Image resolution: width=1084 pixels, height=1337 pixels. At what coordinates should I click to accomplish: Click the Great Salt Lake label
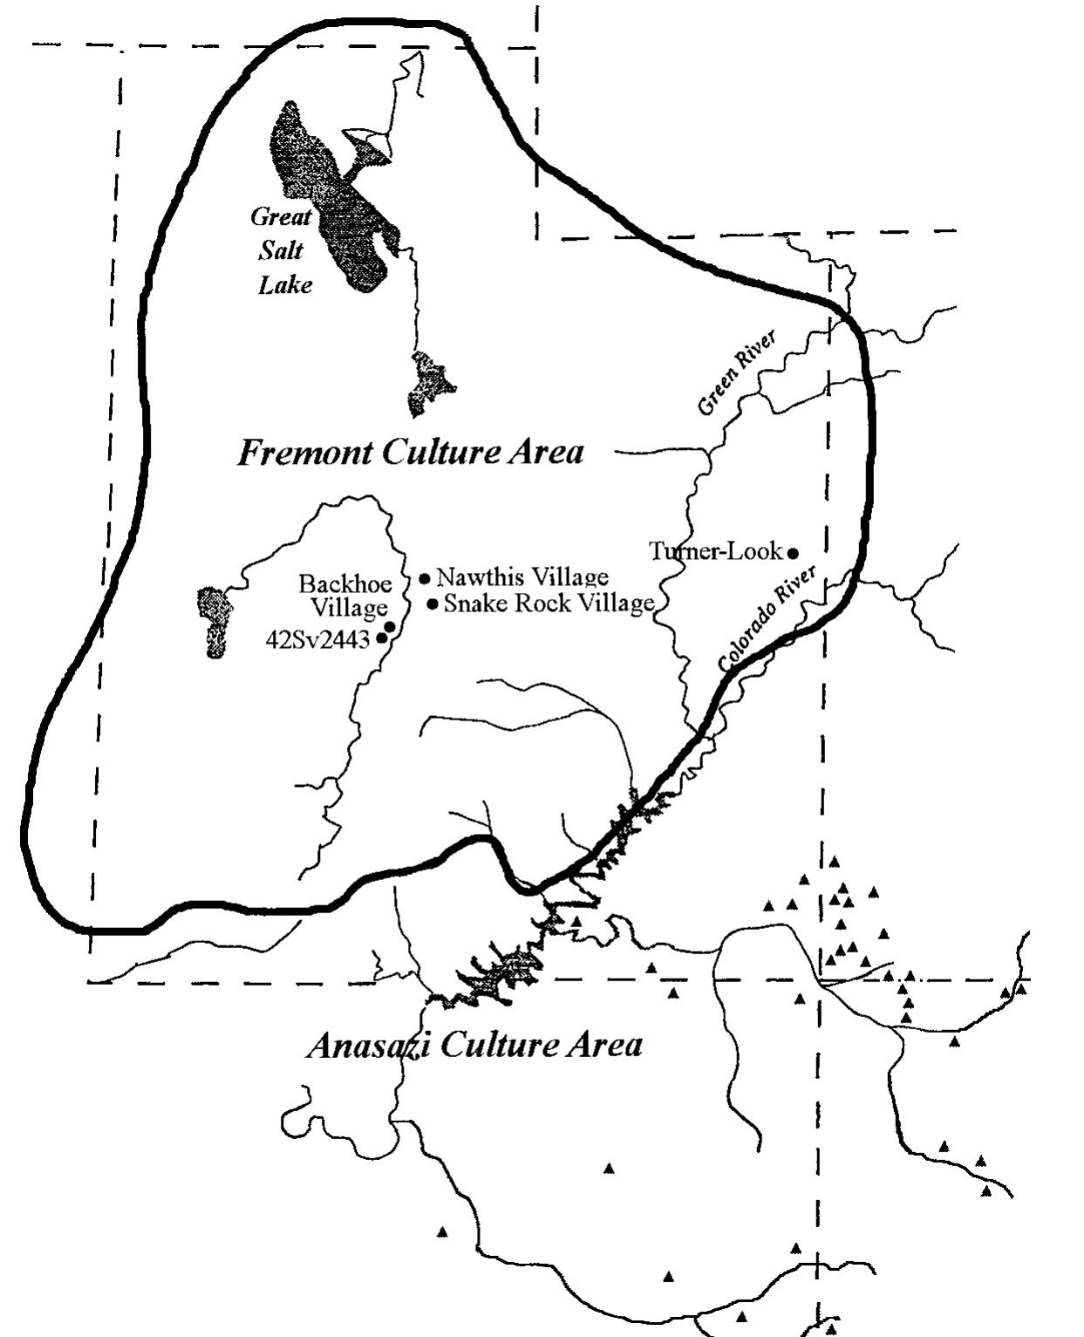coord(282,250)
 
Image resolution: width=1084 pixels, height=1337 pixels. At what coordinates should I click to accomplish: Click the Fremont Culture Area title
coord(410,453)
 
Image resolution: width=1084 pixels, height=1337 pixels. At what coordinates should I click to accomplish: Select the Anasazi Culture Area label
coord(474,1045)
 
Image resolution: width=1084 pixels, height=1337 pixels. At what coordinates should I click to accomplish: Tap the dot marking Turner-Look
coord(793,553)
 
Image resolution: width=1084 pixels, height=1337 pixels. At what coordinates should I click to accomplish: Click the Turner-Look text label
coord(715,551)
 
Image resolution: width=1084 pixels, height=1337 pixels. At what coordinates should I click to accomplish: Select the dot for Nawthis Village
coord(425,577)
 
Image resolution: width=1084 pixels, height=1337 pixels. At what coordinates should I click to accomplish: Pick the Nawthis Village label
coord(522,577)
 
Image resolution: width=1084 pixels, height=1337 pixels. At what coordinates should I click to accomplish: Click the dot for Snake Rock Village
coord(433,604)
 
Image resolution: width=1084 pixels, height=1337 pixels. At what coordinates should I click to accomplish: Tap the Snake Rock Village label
coord(549,604)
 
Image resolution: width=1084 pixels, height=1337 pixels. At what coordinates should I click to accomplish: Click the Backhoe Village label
coord(345,595)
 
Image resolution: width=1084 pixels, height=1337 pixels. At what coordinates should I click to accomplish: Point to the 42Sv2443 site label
coord(317,640)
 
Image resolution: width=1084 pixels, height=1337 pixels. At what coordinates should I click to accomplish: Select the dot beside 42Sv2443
coord(381,638)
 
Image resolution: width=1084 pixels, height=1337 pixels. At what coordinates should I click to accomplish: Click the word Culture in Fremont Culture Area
coord(435,453)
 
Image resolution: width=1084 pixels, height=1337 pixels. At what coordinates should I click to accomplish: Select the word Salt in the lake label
coord(281,250)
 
